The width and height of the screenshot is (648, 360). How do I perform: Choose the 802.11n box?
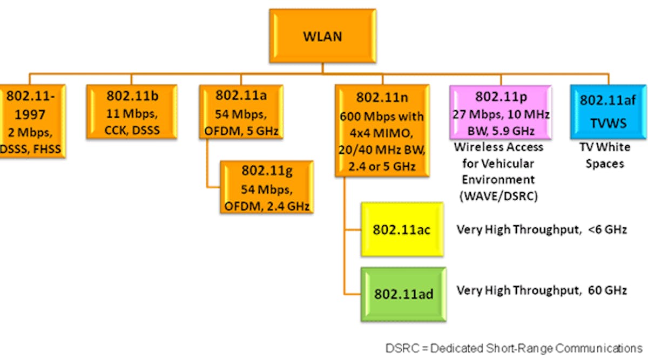click(x=382, y=130)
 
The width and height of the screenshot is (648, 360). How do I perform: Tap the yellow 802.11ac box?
click(x=402, y=229)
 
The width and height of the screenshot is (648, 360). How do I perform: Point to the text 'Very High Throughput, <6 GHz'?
click(x=541, y=229)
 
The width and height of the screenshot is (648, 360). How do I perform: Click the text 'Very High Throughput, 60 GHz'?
click(x=541, y=290)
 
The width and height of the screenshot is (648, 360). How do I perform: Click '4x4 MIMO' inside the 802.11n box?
click(x=382, y=130)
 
